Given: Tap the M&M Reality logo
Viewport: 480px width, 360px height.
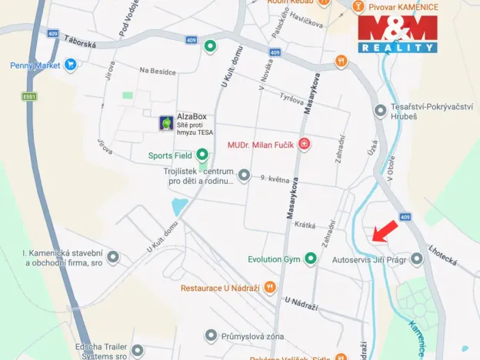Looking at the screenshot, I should click(x=397, y=35).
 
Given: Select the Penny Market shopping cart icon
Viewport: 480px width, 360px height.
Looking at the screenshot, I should click(x=71, y=65).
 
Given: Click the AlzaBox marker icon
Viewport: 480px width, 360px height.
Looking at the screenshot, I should click(x=165, y=123).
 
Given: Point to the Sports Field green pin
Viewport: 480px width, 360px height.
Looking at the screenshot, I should click(x=202, y=155).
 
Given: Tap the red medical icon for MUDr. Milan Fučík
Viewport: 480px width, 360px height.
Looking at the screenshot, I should click(x=305, y=144).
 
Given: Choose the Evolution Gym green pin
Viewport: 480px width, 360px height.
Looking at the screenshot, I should click(x=311, y=259).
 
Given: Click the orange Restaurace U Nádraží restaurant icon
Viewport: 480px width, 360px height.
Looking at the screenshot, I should click(x=269, y=288).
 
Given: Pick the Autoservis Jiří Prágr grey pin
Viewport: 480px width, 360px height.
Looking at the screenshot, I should click(x=417, y=259).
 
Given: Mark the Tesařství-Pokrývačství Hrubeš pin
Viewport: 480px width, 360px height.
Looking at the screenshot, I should click(x=379, y=112).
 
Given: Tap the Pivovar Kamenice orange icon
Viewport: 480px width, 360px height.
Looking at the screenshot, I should click(x=357, y=6).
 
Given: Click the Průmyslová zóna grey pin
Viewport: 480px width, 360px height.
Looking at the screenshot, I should click(x=212, y=335).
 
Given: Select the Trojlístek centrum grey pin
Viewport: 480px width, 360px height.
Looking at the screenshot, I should click(x=244, y=176).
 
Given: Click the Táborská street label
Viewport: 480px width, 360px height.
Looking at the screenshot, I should click(x=80, y=45).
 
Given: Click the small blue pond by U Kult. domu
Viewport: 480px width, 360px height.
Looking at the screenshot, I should click(x=179, y=206).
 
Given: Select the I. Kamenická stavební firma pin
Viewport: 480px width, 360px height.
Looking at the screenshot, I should click(x=114, y=257).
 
